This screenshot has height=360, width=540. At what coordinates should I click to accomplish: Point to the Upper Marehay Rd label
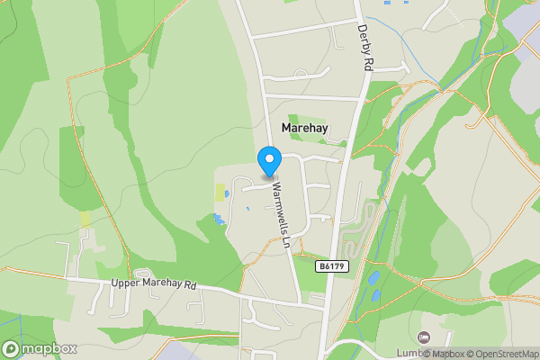click(x=153, y=283)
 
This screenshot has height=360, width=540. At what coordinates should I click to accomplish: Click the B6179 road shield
click(x=332, y=267)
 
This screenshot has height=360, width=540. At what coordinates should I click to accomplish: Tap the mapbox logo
click(x=40, y=348)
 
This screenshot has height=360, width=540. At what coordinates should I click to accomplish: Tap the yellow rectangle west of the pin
click(x=220, y=193)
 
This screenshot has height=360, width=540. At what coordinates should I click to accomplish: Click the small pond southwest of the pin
click(x=217, y=219)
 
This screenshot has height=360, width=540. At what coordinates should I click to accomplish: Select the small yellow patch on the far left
click(x=85, y=219)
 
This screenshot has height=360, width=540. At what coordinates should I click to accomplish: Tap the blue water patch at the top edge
click(x=388, y=3)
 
